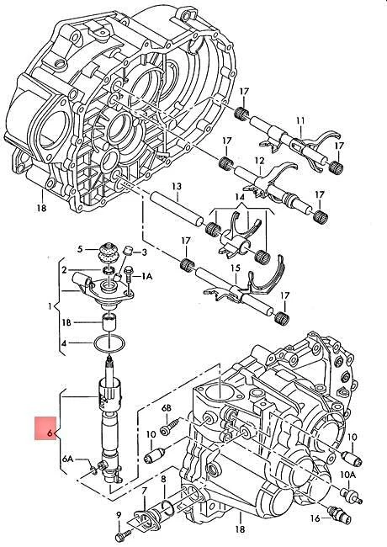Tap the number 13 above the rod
coord(176,186)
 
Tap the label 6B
coord(167,408)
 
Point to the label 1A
coord(146,276)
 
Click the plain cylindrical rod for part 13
coord(178,207)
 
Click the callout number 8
coord(164,480)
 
